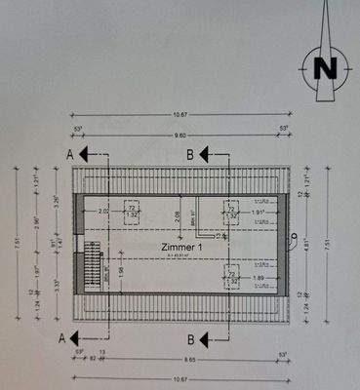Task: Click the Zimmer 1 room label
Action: [182, 250]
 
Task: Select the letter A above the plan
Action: [69, 154]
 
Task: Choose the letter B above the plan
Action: [190, 154]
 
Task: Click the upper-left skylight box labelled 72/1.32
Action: [132, 212]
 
